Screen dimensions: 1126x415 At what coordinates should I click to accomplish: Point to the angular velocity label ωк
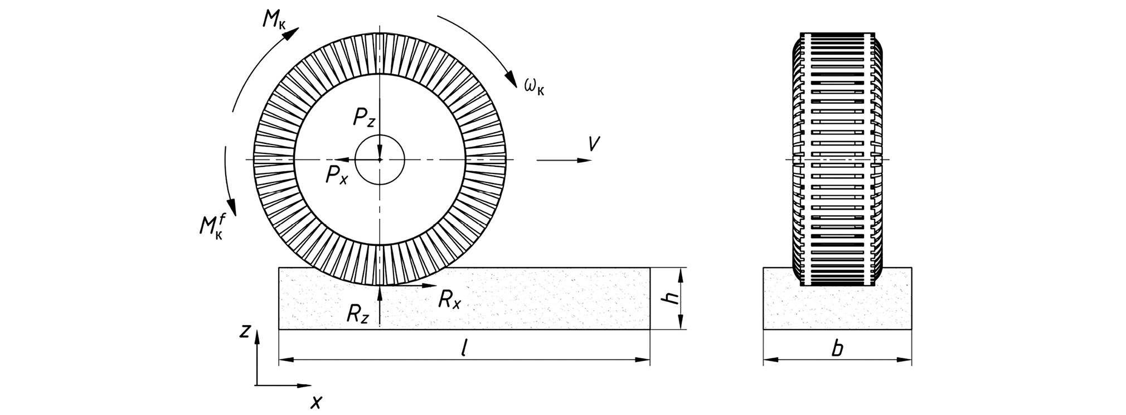pos(534,86)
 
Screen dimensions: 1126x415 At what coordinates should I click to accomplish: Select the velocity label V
pos(594,144)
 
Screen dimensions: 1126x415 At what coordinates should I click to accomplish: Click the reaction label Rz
pos(357,315)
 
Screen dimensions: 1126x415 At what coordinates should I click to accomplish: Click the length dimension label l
pos(464,348)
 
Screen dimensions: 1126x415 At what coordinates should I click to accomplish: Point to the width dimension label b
pos(837,349)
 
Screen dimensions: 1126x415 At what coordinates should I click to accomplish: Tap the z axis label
pos(244,331)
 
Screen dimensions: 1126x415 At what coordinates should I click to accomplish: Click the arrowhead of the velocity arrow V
pos(584,160)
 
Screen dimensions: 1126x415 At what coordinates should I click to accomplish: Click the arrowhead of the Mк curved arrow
pos(292,33)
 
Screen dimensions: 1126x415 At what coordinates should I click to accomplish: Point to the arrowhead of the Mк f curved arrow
pos(232,207)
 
